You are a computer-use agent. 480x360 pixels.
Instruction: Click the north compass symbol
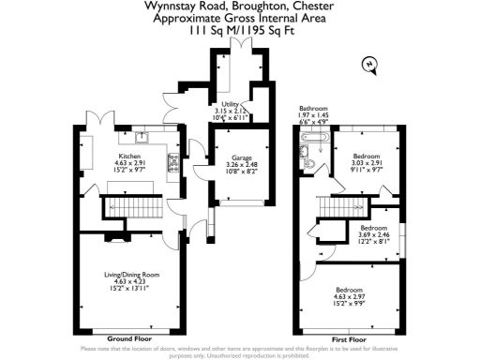370,64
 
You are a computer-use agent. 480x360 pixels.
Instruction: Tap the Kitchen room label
128,156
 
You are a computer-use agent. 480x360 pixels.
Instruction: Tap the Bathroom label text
312,109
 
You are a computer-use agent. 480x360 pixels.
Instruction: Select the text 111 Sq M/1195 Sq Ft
239,30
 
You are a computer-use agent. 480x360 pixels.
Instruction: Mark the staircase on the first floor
333,204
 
